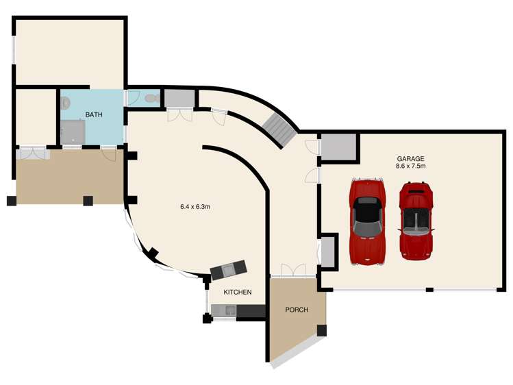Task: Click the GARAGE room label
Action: (x=410, y=159)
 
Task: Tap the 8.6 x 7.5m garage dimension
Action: (x=410, y=166)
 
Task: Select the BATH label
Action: (x=94, y=115)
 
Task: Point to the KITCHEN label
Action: (x=238, y=292)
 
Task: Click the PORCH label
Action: (x=297, y=310)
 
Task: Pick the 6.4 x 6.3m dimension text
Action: (x=195, y=207)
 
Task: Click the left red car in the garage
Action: (x=367, y=221)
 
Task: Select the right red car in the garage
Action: (x=416, y=221)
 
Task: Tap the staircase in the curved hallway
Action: (x=279, y=130)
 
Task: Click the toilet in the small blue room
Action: (x=152, y=98)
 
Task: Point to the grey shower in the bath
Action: (x=73, y=132)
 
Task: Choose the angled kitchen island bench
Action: (x=228, y=270)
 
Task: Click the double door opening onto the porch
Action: (x=293, y=271)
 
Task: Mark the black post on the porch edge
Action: (x=322, y=330)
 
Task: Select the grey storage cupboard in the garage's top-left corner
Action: (x=338, y=147)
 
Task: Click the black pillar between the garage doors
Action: (x=429, y=290)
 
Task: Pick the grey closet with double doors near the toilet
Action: (x=179, y=98)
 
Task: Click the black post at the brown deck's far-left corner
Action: (x=12, y=201)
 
